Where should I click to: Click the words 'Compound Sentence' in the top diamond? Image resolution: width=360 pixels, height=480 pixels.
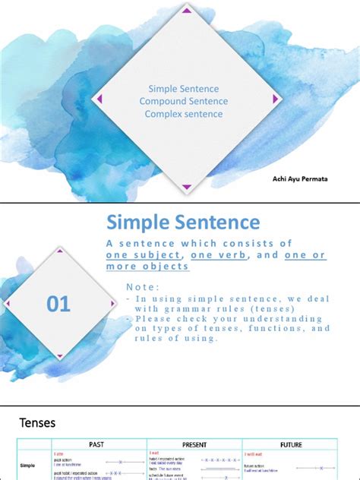point(184,101)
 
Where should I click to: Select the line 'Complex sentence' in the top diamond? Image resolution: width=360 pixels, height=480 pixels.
point(184,114)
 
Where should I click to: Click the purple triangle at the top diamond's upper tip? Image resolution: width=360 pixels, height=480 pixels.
point(186,11)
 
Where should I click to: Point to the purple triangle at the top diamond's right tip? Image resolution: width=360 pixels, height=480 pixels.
point(274,99)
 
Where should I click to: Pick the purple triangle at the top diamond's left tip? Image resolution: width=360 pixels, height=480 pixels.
point(96,99)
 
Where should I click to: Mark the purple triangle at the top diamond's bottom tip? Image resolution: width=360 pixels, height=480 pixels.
point(186,187)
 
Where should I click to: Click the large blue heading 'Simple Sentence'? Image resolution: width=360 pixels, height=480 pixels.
point(183,223)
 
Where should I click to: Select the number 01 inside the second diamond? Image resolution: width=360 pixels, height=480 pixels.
point(58,305)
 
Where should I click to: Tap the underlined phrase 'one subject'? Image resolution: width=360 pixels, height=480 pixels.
point(143,255)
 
